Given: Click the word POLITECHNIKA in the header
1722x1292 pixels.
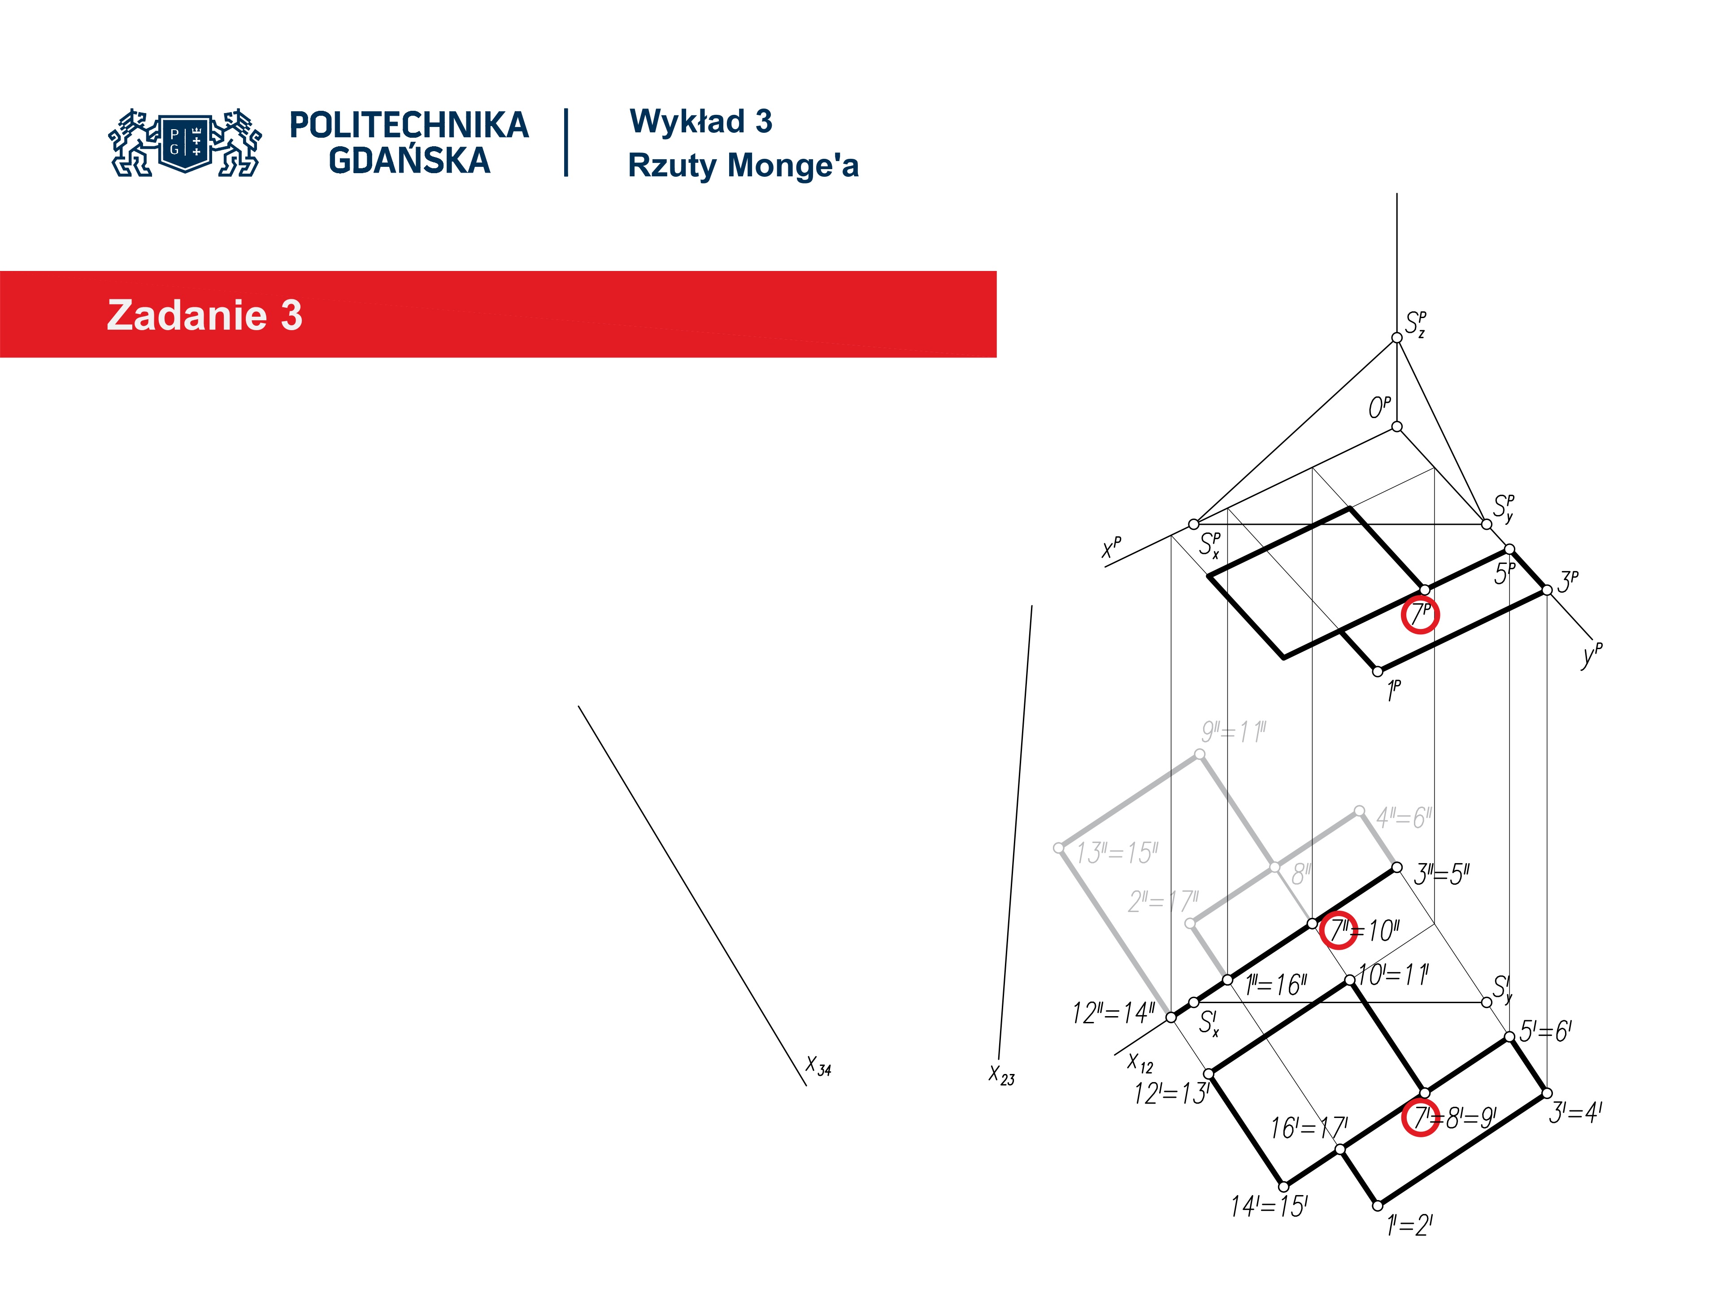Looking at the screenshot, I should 409,125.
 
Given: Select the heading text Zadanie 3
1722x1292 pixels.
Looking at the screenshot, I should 204,315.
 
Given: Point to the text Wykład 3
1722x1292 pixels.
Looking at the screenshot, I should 700,122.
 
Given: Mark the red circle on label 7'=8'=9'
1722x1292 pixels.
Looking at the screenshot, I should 1420,1117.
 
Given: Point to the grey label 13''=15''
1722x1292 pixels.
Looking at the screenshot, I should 1117,853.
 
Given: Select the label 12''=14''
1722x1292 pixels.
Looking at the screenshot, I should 1113,1013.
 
